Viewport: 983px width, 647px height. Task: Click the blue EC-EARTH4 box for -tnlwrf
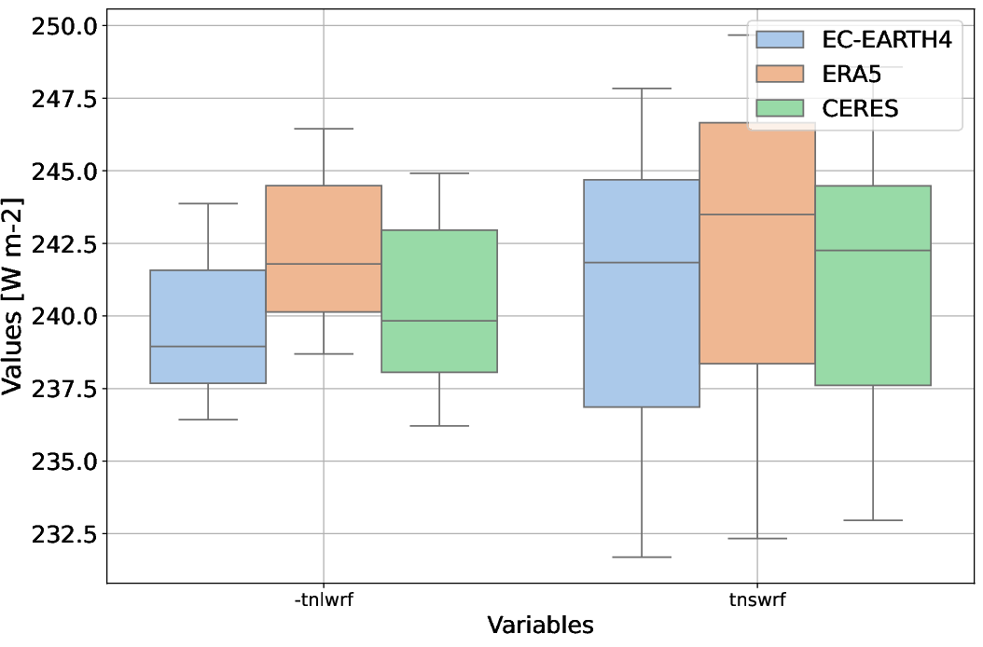coord(208,326)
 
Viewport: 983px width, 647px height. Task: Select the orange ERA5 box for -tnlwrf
coord(324,248)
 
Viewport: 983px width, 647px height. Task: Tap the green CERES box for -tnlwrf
coord(439,300)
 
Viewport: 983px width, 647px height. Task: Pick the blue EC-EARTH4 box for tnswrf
coord(642,293)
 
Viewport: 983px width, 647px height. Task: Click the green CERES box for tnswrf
coord(873,285)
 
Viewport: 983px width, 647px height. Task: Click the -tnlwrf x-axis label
coord(324,600)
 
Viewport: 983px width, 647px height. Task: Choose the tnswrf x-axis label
coord(757,600)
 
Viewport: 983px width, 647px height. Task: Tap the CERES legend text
coord(860,108)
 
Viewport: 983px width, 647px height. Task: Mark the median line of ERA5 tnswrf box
coord(757,214)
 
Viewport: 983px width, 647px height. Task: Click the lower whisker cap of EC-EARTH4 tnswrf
coord(642,557)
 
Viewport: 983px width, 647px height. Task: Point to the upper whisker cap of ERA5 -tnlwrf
coord(324,129)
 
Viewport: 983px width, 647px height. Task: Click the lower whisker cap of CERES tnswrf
coord(873,520)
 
